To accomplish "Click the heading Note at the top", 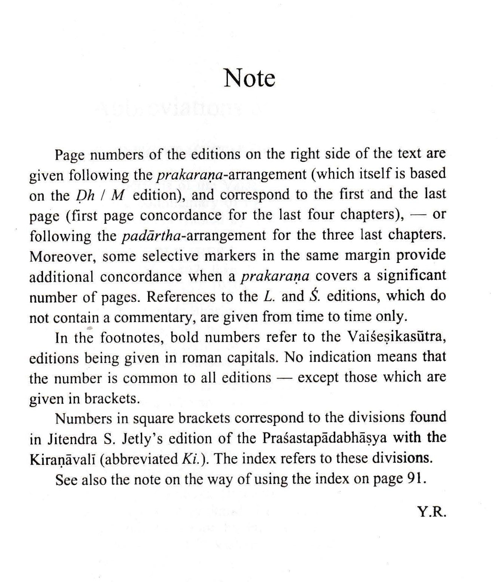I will (250, 78).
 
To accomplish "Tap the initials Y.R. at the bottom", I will (433, 512).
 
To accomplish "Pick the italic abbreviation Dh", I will (79, 196).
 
